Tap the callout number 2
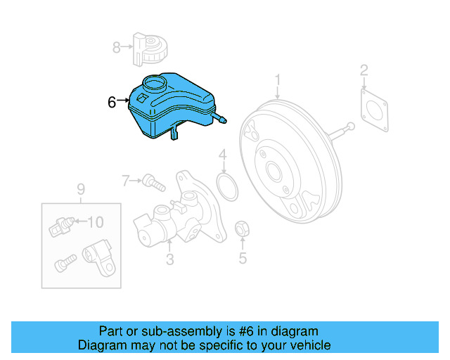click(x=364, y=70)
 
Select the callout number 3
click(x=169, y=261)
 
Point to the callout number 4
click(x=222, y=155)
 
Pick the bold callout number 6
click(x=112, y=102)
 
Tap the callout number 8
click(x=117, y=48)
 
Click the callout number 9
click(x=80, y=188)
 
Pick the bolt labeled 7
click(x=153, y=184)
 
